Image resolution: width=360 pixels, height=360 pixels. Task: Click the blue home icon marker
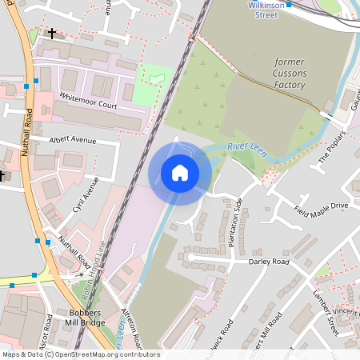(180, 173)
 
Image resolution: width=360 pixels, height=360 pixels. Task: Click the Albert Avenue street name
(72, 139)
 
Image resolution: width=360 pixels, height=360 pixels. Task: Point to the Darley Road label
(268, 261)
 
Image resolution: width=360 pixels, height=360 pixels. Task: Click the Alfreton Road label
(131, 328)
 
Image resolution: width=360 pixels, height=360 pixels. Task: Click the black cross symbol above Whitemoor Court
(53, 34)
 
